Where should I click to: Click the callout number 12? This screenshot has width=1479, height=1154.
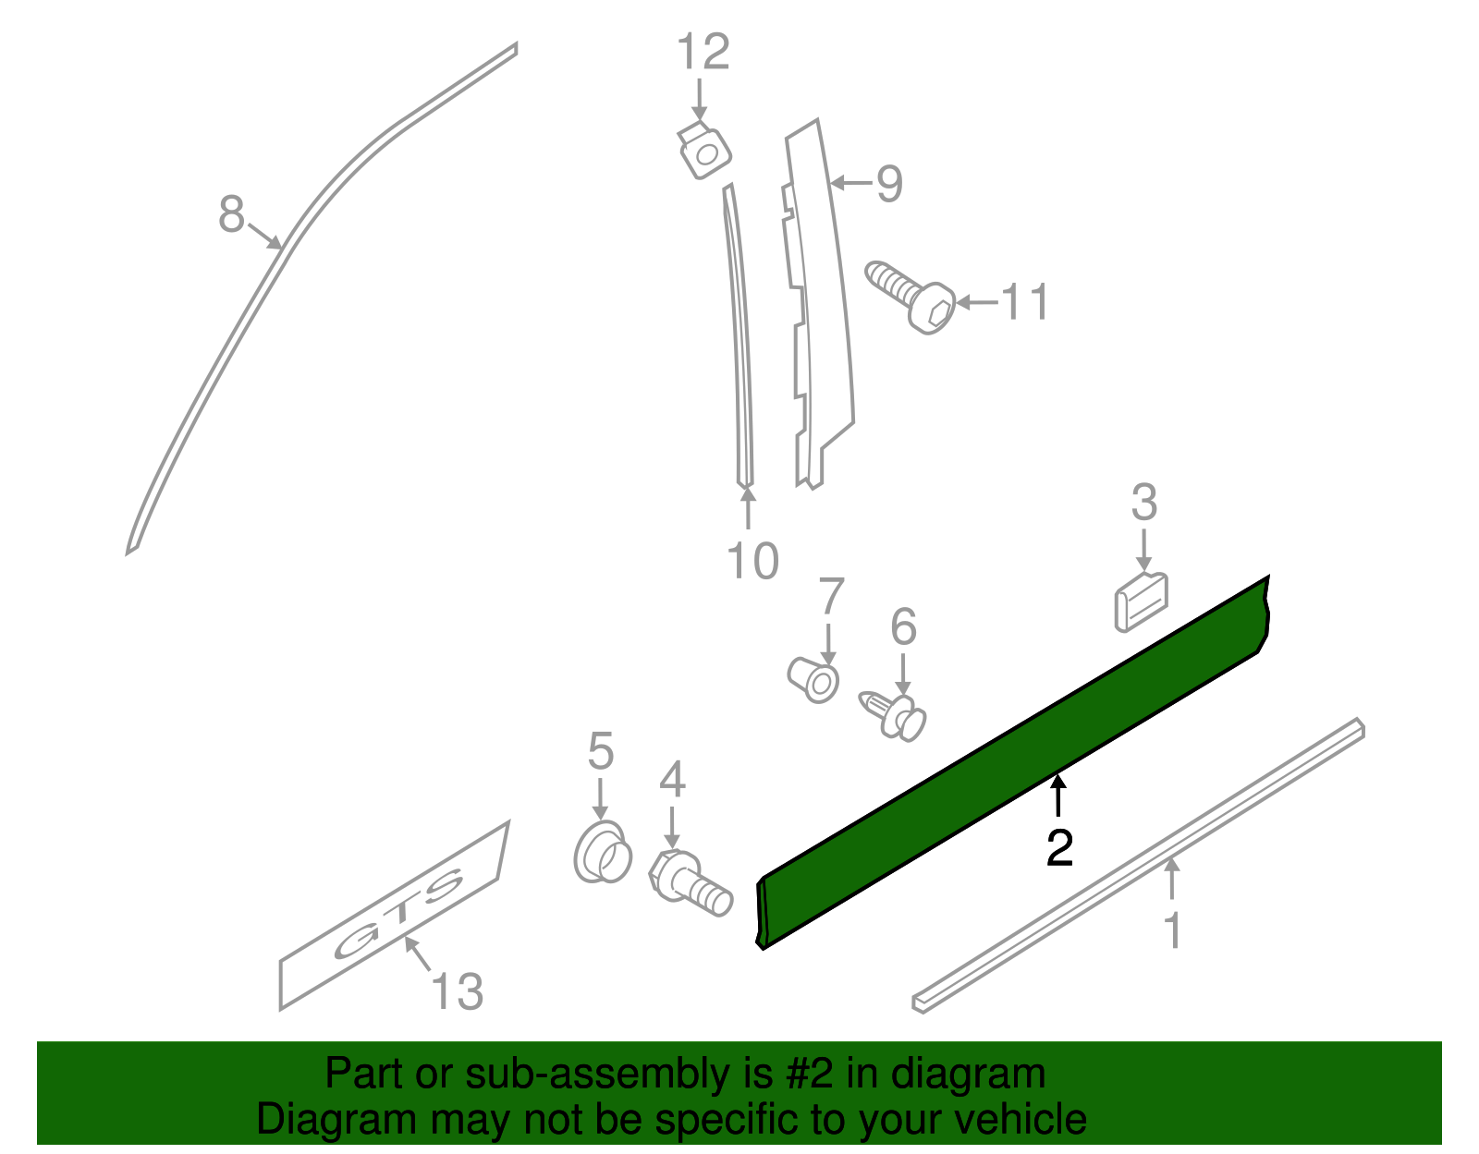(x=703, y=53)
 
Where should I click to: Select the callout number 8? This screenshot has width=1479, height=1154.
(x=231, y=214)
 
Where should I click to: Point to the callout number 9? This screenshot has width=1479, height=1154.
(x=888, y=184)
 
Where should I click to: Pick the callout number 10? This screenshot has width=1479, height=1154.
(x=752, y=561)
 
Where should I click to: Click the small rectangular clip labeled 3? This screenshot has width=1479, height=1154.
(x=1142, y=601)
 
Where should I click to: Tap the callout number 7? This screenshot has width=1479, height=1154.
(x=831, y=597)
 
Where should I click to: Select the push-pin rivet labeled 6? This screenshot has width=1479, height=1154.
(x=895, y=714)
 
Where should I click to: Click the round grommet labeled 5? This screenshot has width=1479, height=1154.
(x=602, y=850)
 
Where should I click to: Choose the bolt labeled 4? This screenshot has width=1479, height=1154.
(x=690, y=882)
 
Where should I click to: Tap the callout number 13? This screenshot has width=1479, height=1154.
(x=457, y=992)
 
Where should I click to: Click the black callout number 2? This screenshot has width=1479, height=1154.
(x=1059, y=848)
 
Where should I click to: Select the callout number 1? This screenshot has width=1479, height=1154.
(x=1172, y=930)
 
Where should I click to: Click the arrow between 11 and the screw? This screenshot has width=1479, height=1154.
(x=976, y=302)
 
